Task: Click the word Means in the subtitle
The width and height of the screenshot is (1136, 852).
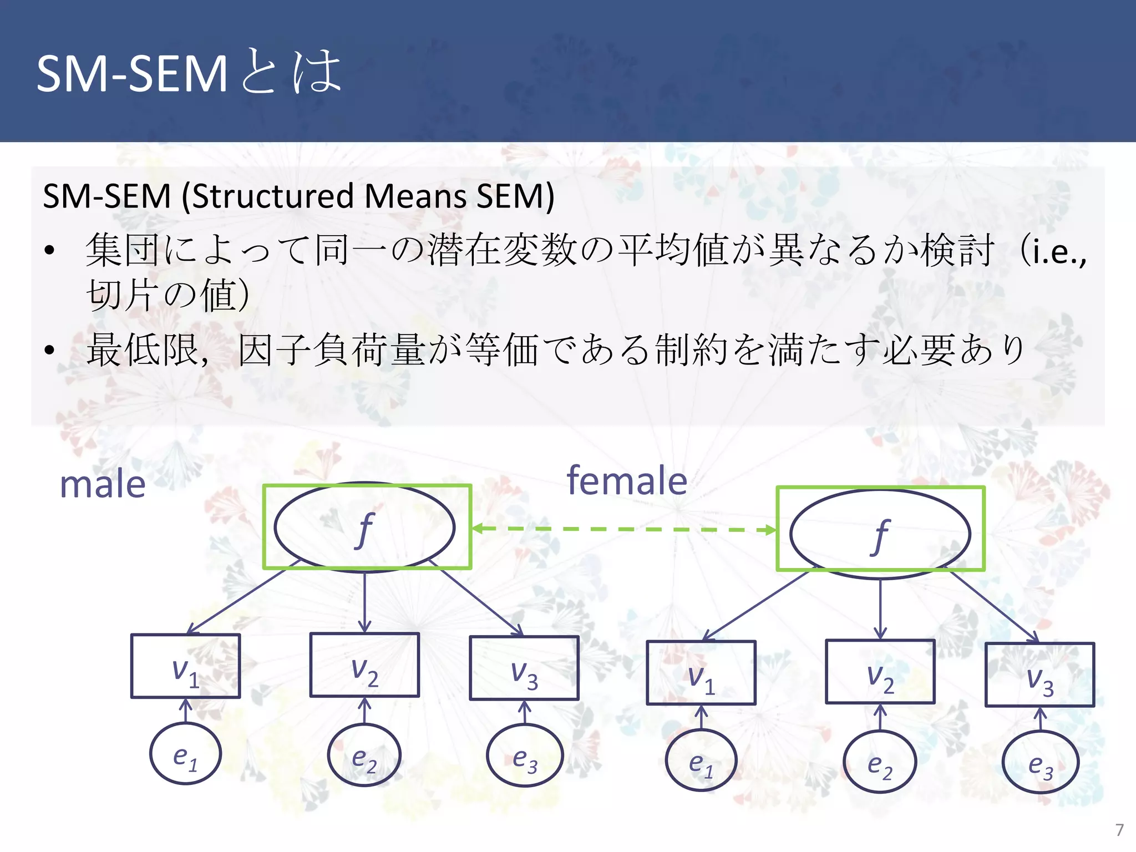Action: click(416, 196)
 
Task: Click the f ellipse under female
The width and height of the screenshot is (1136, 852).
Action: click(880, 534)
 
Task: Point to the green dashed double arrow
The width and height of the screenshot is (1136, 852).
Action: click(623, 529)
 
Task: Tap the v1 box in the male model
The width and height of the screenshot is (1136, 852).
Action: click(185, 666)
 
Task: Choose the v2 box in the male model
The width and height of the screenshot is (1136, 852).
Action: click(364, 665)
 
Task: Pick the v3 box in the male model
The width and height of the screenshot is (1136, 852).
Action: click(524, 668)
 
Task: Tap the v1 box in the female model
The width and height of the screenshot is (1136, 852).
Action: click(701, 673)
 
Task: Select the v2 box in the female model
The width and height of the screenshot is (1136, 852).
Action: click(880, 672)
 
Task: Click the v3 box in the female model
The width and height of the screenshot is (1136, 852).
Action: click(1039, 674)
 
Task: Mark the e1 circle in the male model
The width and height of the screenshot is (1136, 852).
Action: click(185, 754)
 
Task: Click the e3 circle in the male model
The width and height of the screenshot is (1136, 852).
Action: click(525, 755)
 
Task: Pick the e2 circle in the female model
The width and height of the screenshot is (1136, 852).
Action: click(880, 762)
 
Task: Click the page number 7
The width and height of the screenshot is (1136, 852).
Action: click(1119, 830)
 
